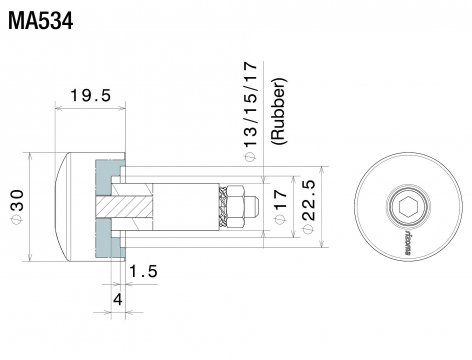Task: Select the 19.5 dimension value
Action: pos(89,98)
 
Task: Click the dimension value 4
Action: pos(117,298)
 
